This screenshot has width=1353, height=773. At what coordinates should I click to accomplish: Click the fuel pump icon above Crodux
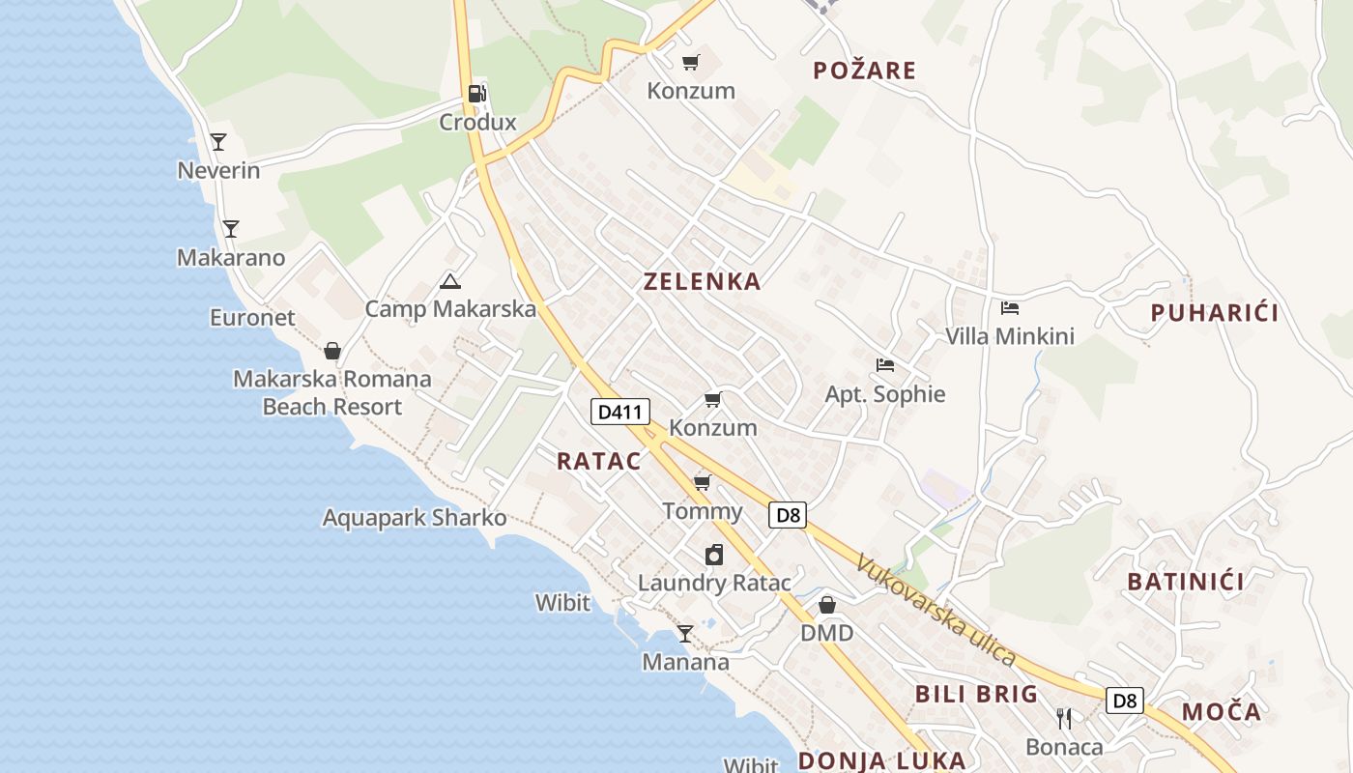pyautogui.click(x=476, y=94)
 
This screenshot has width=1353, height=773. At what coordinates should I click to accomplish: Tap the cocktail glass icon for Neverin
pyautogui.click(x=218, y=142)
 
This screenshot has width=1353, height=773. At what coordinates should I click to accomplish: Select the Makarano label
pyautogui.click(x=231, y=258)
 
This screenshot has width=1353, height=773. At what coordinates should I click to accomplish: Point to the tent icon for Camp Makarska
pyautogui.click(x=449, y=281)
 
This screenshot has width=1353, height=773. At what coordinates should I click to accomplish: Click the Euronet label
pyautogui.click(x=252, y=318)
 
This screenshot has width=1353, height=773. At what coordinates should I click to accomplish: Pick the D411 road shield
pyautogui.click(x=619, y=412)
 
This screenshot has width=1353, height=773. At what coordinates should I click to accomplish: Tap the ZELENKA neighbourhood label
pyautogui.click(x=702, y=282)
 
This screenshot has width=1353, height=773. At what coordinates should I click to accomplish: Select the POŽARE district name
pyautogui.click(x=864, y=71)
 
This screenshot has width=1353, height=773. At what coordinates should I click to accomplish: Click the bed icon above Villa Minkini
pyautogui.click(x=1010, y=308)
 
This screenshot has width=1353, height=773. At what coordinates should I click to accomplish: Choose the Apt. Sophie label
pyautogui.click(x=884, y=394)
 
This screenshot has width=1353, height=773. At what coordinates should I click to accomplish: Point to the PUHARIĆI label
pyautogui.click(x=1214, y=313)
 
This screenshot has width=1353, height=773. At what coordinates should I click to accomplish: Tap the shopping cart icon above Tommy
pyautogui.click(x=702, y=482)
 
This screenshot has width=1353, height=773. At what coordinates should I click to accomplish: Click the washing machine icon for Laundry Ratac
pyautogui.click(x=713, y=555)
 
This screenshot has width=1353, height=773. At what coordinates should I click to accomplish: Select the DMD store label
pyautogui.click(x=826, y=633)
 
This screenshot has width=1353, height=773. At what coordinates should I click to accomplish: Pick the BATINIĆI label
pyautogui.click(x=1185, y=582)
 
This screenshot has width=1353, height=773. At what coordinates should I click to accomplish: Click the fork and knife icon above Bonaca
pyautogui.click(x=1064, y=718)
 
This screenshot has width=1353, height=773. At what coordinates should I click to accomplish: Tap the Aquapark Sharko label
pyautogui.click(x=414, y=518)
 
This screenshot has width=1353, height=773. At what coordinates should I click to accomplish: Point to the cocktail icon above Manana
pyautogui.click(x=685, y=633)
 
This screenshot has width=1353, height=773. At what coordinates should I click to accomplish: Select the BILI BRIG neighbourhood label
pyautogui.click(x=976, y=694)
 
